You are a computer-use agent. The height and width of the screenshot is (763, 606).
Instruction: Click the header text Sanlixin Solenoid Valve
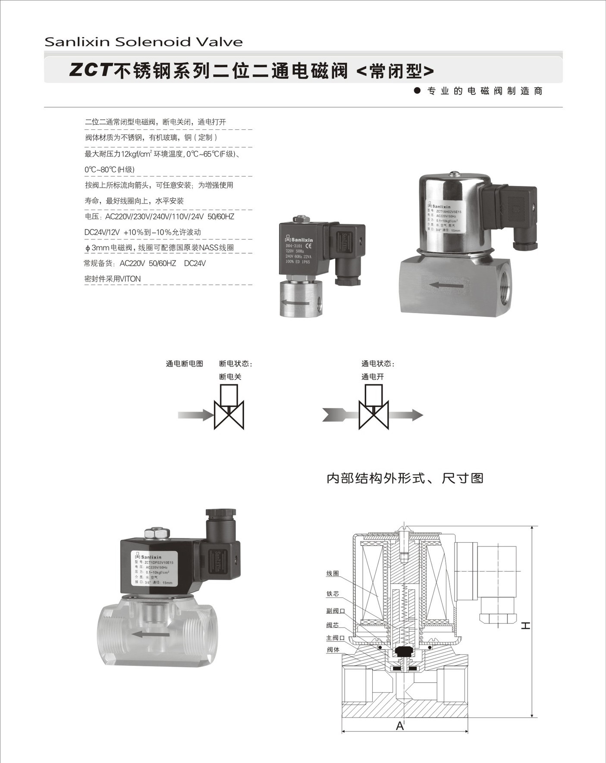point(144,42)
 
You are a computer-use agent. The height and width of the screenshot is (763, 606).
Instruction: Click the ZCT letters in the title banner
point(91,70)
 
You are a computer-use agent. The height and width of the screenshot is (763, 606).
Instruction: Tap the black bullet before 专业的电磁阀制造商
point(417,91)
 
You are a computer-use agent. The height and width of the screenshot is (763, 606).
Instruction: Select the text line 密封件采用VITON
point(113,279)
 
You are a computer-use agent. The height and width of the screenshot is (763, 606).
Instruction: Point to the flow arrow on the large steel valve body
point(446,285)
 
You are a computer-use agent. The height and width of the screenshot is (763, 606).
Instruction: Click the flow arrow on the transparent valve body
point(146,634)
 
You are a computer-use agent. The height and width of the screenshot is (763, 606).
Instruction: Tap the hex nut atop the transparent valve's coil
point(157,533)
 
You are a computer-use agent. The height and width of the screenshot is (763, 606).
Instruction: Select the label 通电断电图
point(184,364)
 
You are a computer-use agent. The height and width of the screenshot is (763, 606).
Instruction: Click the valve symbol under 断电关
point(229,408)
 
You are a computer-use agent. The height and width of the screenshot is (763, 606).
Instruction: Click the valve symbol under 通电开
point(374,408)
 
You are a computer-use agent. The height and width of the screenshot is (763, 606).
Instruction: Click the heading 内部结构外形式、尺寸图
point(405,478)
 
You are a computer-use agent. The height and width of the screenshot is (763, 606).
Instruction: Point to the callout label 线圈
point(333,573)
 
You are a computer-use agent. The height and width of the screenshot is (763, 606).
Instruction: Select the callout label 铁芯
point(333,593)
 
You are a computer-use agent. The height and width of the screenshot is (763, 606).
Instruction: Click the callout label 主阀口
point(335,638)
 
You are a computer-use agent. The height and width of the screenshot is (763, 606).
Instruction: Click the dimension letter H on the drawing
point(525,625)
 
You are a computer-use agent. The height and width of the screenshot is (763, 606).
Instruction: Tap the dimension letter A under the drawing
point(400,726)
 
